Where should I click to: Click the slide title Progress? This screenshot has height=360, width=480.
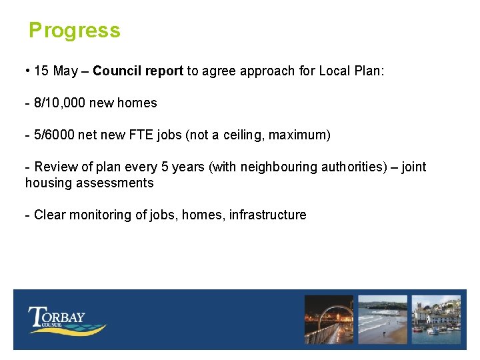coord(74,31)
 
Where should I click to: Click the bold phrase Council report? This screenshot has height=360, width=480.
coord(138,71)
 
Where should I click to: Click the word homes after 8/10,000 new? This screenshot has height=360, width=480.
coord(137,103)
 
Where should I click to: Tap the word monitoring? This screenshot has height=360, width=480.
coord(95,215)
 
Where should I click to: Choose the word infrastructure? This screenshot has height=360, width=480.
coord(267,215)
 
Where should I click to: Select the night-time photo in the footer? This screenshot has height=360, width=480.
coord(329,320)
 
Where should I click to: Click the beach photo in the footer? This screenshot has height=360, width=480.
coord(382,320)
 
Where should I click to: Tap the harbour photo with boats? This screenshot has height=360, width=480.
coord(436,320)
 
